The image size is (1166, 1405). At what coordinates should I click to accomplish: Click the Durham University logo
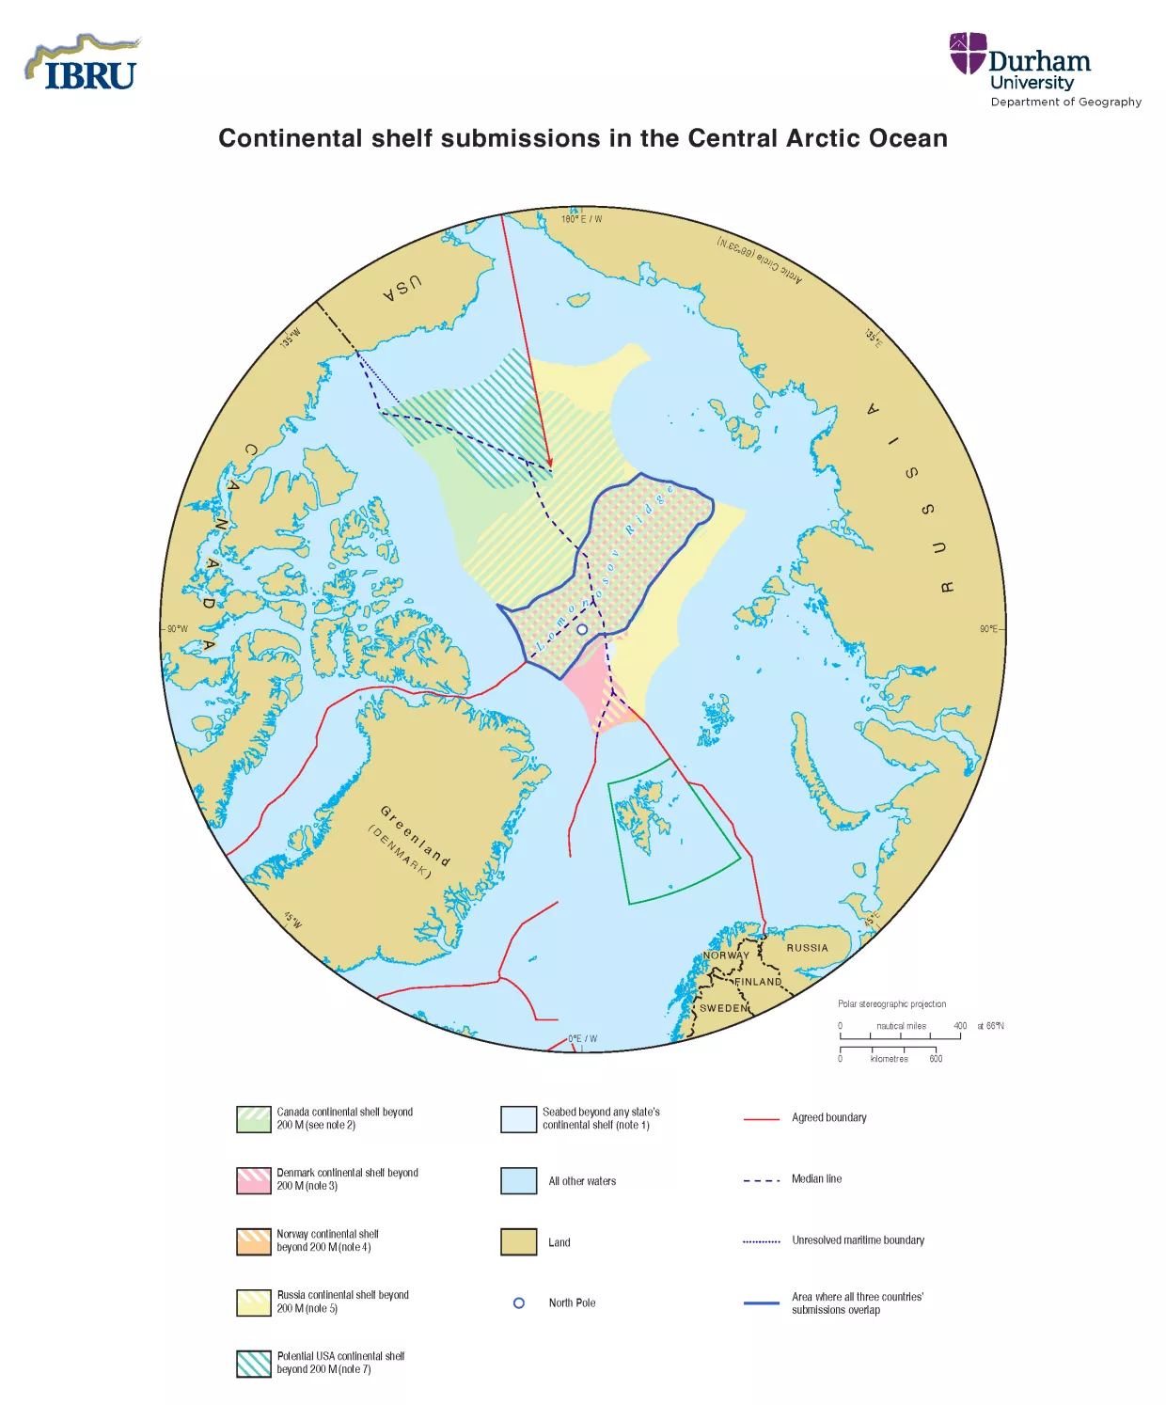(x=1044, y=70)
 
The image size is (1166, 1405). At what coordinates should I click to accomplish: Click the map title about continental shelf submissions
(x=583, y=138)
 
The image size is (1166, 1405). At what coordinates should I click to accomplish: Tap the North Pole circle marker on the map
(x=582, y=629)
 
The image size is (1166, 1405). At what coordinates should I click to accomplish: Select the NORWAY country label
(x=726, y=955)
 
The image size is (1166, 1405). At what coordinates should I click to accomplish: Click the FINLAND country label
(x=758, y=982)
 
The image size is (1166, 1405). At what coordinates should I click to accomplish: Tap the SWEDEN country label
(x=724, y=1008)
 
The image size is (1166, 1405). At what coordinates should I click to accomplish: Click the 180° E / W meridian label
(x=581, y=219)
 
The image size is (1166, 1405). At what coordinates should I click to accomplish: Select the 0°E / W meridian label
(x=582, y=1039)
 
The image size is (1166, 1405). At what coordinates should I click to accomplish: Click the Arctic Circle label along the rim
(x=760, y=260)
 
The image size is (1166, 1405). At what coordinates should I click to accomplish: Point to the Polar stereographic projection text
(x=891, y=1004)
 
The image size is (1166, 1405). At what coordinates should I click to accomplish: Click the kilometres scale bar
(x=888, y=1049)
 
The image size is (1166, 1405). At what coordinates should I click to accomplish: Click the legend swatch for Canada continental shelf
(x=254, y=1119)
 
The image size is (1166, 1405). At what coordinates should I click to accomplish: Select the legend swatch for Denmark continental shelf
(x=254, y=1180)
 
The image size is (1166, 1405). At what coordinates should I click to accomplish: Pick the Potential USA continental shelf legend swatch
(x=254, y=1364)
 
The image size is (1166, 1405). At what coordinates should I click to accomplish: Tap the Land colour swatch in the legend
(x=518, y=1242)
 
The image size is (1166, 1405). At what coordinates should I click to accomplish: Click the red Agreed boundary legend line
(x=762, y=1119)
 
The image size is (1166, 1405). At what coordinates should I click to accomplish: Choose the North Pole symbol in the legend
(x=519, y=1303)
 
